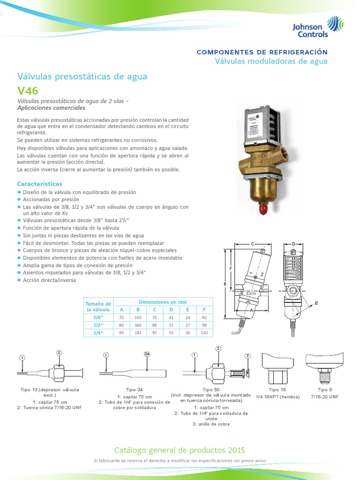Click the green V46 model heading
[x=28, y=91]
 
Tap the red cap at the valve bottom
[x=263, y=209]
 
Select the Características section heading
[x=39, y=184]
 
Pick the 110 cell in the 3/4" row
[x=204, y=332]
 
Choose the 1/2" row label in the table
[x=98, y=325]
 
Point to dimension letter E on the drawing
[x=316, y=303]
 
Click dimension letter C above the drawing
[x=252, y=244]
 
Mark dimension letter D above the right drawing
[x=293, y=244]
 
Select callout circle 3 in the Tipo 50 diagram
[x=248, y=357]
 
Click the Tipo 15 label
[x=277, y=390]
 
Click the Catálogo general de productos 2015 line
[x=180, y=450]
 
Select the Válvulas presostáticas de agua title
[x=82, y=76]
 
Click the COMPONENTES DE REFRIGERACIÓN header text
[x=262, y=52]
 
